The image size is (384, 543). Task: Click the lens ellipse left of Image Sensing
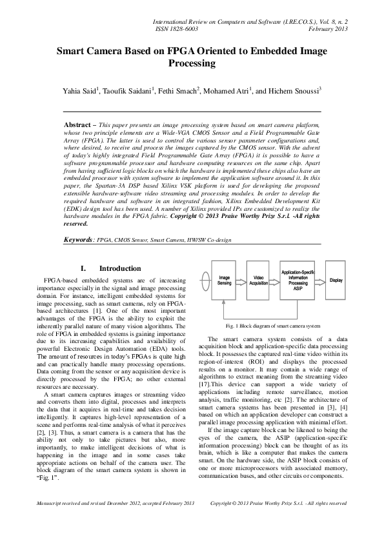point(206,281)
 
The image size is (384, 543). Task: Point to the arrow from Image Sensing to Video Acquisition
point(243,281)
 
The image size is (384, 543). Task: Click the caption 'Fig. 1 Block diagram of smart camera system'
point(272,326)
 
